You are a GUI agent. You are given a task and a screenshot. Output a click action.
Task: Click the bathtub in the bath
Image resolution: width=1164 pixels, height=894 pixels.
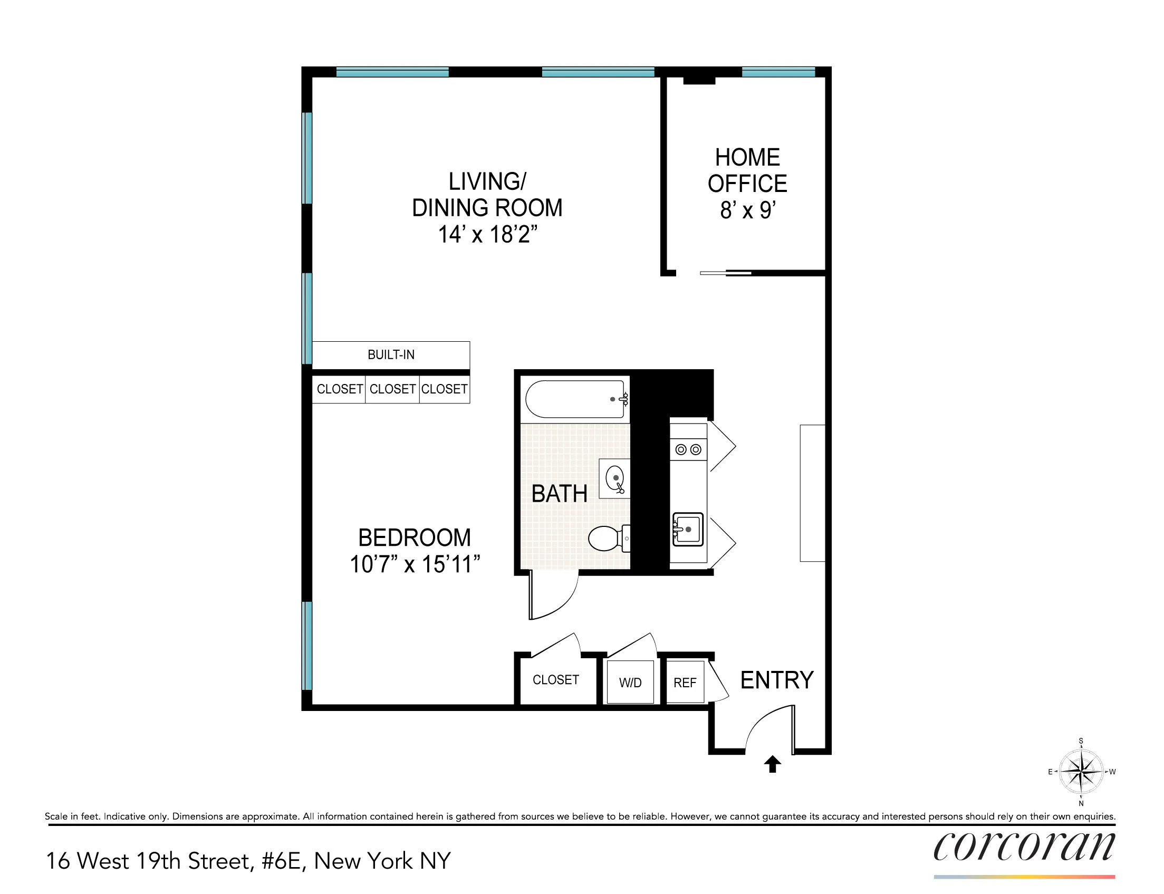coord(574,399)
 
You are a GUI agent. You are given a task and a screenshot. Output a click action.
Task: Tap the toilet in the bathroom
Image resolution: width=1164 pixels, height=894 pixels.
coord(607,539)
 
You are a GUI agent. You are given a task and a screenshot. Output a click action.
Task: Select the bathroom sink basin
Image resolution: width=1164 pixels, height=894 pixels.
coord(615,477)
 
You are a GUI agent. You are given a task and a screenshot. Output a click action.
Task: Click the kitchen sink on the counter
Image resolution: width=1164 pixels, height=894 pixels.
coord(688,529)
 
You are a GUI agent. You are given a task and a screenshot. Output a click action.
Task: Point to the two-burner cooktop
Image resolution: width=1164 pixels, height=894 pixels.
coord(688,450)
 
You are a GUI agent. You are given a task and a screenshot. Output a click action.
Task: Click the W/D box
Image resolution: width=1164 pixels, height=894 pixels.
coord(630,682)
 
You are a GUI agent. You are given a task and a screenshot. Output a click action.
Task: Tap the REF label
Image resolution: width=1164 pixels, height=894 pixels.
coord(685,682)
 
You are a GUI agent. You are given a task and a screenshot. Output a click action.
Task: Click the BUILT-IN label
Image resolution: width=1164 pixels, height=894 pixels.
coord(390,355)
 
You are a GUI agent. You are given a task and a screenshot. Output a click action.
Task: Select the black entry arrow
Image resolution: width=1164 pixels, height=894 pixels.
coord(773,764)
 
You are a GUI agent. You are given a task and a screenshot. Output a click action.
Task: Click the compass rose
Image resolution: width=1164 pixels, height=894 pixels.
coord(1081,772)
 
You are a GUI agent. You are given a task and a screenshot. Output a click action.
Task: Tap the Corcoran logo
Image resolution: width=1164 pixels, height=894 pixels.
coord(1024,847)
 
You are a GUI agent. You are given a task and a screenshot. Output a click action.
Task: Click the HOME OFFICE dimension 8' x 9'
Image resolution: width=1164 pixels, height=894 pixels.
coord(747,211)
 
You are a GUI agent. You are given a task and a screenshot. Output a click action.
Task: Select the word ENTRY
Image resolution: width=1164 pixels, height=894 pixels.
coord(777,680)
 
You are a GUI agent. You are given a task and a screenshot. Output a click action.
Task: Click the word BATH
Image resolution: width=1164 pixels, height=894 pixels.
coord(559,494)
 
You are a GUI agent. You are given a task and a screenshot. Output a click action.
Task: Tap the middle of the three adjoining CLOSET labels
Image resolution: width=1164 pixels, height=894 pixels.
coord(392,389)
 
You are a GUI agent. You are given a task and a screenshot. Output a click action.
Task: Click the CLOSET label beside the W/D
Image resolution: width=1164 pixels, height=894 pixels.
coord(555,679)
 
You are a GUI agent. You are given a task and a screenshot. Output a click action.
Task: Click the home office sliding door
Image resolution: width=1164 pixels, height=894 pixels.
coord(725,273)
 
